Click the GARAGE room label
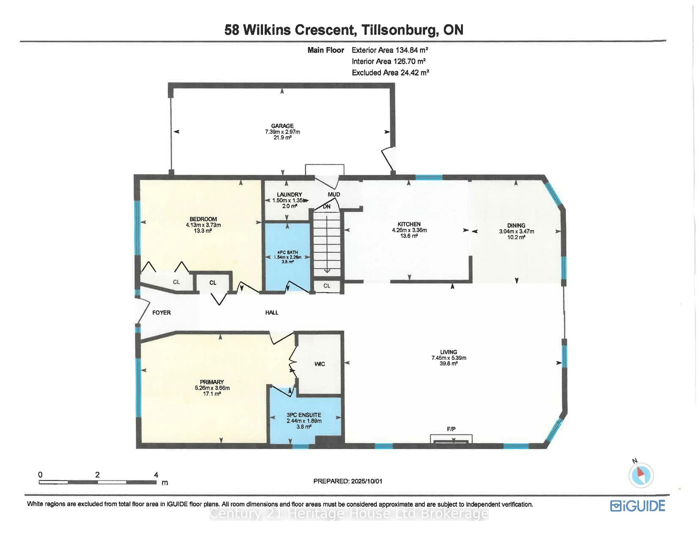click(282, 126)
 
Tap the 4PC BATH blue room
click(288, 257)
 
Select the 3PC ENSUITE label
click(304, 415)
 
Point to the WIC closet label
click(320, 364)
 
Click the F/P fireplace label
click(451, 429)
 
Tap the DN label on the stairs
click(326, 207)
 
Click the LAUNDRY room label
click(289, 194)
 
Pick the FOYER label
click(161, 313)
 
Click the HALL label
click(272, 313)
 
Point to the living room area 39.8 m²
click(448, 363)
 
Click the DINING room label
click(516, 225)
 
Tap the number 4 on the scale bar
click(156, 475)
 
